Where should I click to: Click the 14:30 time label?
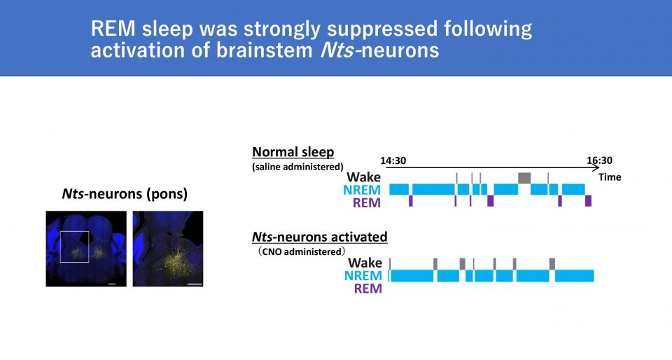click(393, 160)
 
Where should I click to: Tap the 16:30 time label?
click(600, 160)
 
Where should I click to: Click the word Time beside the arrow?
click(610, 177)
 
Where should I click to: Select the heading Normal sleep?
click(293, 152)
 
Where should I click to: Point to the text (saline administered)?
click(298, 167)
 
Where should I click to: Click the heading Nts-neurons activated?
click(320, 237)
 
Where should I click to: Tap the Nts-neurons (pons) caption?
click(125, 194)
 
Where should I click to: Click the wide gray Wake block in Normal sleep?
click(524, 178)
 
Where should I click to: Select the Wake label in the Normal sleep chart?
click(363, 177)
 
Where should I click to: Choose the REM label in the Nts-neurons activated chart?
click(367, 289)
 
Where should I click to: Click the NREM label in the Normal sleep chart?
click(362, 190)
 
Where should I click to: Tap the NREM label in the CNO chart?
click(363, 275)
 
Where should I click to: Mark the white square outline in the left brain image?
click(60, 247)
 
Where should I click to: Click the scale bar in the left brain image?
click(112, 284)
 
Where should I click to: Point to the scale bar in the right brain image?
click(195, 284)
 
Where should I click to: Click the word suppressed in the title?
click(382, 29)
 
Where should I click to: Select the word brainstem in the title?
click(265, 50)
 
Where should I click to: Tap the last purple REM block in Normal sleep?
click(589, 201)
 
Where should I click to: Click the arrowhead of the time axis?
click(596, 167)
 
